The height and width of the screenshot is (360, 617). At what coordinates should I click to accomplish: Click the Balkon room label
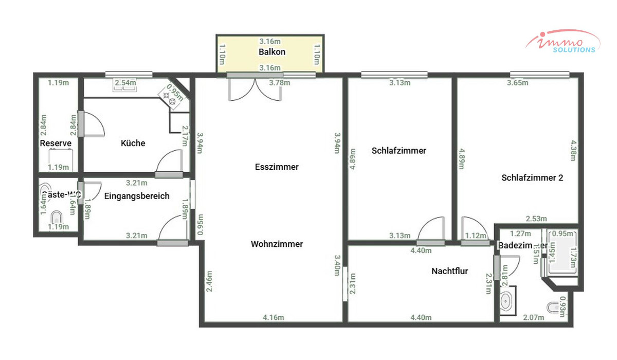point(271,52)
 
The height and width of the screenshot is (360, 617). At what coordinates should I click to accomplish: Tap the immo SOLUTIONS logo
point(562,42)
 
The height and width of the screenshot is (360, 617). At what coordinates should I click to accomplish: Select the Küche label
point(133,143)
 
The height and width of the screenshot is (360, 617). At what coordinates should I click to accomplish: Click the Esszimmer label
point(277,167)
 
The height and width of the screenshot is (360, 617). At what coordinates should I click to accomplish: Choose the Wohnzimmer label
point(277,244)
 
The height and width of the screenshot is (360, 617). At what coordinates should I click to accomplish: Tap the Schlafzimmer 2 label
point(532,178)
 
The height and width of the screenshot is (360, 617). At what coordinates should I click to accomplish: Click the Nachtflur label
point(449,271)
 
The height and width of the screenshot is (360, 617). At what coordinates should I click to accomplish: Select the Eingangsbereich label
point(136,196)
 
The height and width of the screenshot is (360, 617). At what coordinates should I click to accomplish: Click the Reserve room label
point(55,143)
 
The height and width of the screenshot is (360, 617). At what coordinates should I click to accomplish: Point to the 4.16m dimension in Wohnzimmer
point(273,317)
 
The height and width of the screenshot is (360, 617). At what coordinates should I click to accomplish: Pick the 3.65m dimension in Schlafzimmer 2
point(517,82)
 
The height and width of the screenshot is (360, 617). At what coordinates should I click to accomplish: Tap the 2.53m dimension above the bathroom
point(536,219)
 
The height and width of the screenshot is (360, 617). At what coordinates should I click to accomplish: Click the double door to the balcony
point(255,91)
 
